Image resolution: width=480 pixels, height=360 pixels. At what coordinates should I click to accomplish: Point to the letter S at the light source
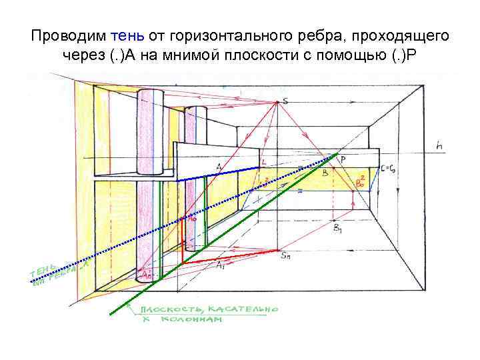(285, 101)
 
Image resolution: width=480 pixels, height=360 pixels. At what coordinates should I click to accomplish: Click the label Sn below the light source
(286, 255)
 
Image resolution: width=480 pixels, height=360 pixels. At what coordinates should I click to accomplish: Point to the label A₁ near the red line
(220, 265)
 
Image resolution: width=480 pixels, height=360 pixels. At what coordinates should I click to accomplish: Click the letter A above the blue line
(219, 166)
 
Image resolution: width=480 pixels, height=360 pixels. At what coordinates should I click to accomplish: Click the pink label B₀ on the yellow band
(361, 181)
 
